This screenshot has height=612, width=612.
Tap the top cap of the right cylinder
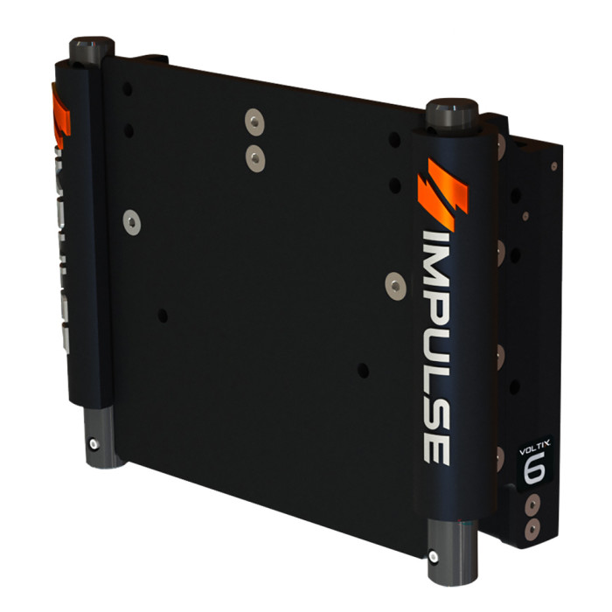[x=451, y=111]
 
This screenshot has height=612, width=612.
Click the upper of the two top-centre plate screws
[x=253, y=118]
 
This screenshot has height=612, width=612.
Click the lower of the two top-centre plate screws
[x=254, y=157]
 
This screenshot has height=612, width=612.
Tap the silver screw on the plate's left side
[x=132, y=222]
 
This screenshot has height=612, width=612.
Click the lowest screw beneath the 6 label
[x=532, y=528]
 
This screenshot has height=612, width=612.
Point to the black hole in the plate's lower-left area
[x=163, y=315]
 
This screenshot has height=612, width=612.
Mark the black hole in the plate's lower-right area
[x=362, y=371]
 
